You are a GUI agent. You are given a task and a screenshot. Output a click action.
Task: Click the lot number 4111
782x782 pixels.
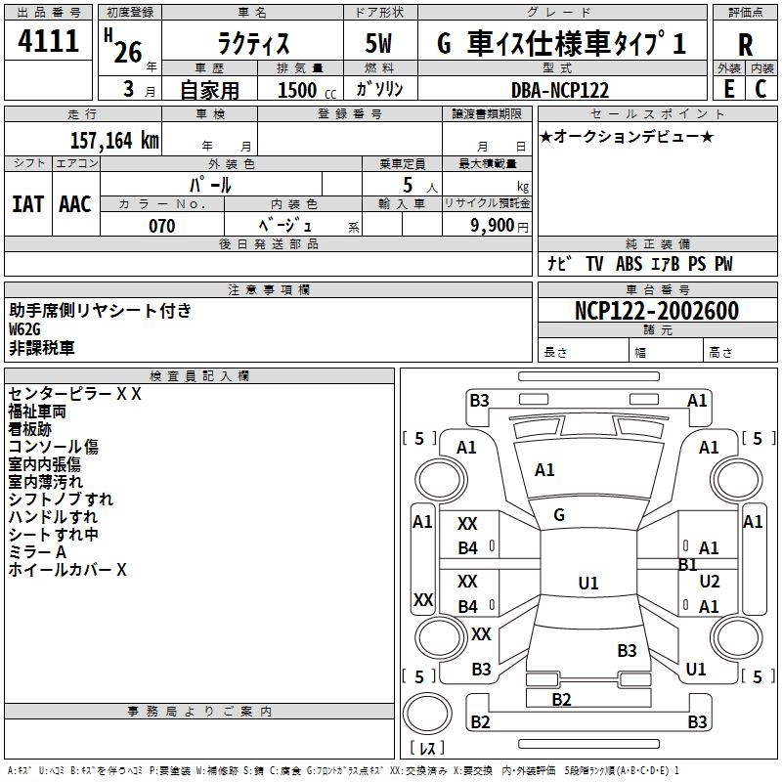point(48,40)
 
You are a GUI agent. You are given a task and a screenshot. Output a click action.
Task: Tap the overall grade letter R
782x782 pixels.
point(745,44)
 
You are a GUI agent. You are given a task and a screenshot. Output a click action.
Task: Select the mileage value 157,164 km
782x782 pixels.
point(114,140)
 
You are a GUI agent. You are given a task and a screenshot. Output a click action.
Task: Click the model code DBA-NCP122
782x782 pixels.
point(560,90)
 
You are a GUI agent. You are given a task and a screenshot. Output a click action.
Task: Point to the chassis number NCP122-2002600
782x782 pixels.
point(657,310)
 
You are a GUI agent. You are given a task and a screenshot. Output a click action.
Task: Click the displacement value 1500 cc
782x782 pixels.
point(307,90)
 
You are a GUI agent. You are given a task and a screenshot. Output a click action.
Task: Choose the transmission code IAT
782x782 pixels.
point(28,204)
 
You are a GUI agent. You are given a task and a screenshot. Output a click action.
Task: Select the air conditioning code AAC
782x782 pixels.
point(75,204)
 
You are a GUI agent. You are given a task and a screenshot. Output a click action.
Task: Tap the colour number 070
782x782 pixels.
point(162,226)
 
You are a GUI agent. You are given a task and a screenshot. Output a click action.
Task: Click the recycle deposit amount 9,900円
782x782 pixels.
point(500,226)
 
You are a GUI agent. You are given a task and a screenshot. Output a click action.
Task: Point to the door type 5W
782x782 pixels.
point(378,43)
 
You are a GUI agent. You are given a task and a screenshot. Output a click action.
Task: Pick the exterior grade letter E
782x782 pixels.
point(729,89)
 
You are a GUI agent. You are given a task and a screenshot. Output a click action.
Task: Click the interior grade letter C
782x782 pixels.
point(760,89)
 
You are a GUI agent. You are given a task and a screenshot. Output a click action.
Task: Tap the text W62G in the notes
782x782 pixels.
point(24,329)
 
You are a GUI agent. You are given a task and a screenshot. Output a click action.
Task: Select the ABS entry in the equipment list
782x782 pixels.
point(629,264)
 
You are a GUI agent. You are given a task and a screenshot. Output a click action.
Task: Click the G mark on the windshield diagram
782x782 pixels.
point(559,515)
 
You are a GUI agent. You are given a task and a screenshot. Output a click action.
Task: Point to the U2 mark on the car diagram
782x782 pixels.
point(710,581)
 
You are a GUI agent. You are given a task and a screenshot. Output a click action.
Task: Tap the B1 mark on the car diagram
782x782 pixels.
point(688,565)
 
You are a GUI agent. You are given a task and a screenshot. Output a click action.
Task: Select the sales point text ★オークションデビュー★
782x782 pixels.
point(627,136)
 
